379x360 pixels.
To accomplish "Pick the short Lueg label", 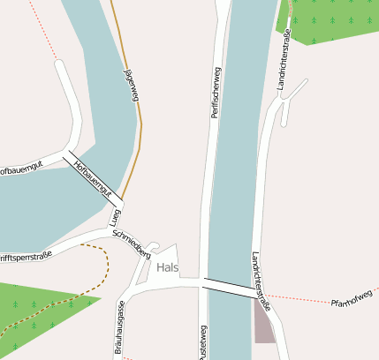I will coord(114,218).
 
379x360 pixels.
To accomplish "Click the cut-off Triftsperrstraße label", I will coord(25,258).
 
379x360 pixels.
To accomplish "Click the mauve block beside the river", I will coord(264,322).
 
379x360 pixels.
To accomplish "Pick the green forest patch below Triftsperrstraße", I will coord(40,304).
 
